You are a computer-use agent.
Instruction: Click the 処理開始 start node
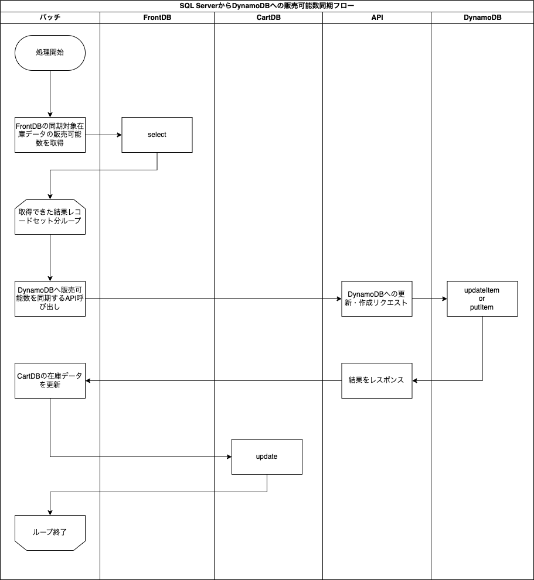pyautogui.click(x=50, y=53)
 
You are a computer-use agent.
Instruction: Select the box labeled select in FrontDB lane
pyautogui.click(x=157, y=135)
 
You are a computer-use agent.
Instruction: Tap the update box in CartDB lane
pyautogui.click(x=267, y=457)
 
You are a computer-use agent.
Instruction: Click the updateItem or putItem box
pyautogui.click(x=482, y=298)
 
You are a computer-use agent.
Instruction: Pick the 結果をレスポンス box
pyautogui.click(x=376, y=380)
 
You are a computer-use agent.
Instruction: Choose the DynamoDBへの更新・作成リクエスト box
pyautogui.click(x=376, y=298)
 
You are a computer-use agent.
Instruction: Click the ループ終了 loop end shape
pyautogui.click(x=50, y=533)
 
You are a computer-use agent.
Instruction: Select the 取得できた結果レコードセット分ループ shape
pyautogui.click(x=50, y=217)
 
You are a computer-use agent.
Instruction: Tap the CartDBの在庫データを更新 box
pyautogui.click(x=50, y=380)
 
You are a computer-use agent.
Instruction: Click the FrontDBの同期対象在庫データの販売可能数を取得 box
pyautogui.click(x=50, y=135)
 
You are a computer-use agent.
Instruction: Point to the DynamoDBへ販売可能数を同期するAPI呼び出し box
pyautogui.click(x=50, y=298)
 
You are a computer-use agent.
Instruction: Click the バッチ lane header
pyautogui.click(x=50, y=18)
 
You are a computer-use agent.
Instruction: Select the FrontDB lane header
pyautogui.click(x=157, y=18)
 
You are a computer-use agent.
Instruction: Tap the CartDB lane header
pyautogui.click(x=268, y=18)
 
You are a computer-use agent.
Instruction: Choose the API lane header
pyautogui.click(x=376, y=18)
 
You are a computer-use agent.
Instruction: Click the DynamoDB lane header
pyautogui.click(x=482, y=18)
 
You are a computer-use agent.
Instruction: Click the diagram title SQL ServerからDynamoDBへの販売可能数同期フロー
pyautogui.click(x=267, y=5)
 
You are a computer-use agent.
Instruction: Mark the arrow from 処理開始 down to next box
pyautogui.click(x=50, y=94)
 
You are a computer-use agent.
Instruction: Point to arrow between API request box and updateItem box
pyautogui.click(x=429, y=298)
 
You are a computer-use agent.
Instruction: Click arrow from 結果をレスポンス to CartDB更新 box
pyautogui.click(x=213, y=380)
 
